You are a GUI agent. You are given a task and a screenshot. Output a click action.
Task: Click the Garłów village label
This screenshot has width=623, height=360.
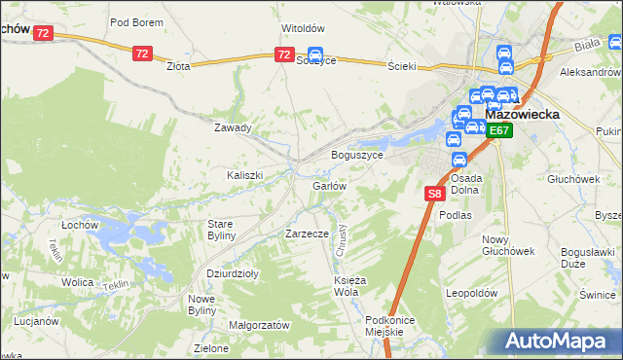(329, 186)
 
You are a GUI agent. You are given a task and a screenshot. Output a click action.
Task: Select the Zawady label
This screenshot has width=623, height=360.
(234, 127)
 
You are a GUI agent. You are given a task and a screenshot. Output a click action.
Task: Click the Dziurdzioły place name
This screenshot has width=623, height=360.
(233, 274)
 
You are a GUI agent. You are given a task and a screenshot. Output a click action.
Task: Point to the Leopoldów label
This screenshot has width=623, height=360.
(471, 293)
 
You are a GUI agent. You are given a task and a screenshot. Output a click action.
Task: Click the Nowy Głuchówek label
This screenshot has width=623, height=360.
(508, 245)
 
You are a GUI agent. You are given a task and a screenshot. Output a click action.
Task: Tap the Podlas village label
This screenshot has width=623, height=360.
(455, 215)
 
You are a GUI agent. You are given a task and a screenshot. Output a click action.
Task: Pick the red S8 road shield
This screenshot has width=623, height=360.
(435, 195)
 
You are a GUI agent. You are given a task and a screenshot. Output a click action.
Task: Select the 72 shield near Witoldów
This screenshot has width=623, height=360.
(283, 54)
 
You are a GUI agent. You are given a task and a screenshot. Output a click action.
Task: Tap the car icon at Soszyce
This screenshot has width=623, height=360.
(314, 55)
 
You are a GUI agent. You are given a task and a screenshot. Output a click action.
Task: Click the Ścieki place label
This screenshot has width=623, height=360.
(402, 65)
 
